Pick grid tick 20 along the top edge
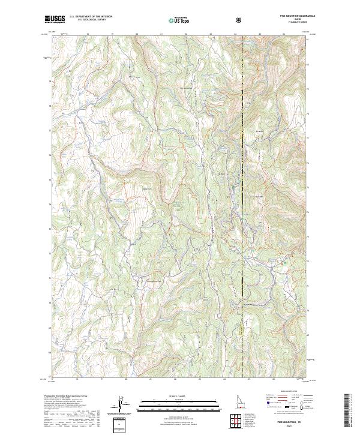pos(137,35)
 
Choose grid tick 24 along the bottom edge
pos(224,379)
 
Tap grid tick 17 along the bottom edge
pos(52,379)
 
